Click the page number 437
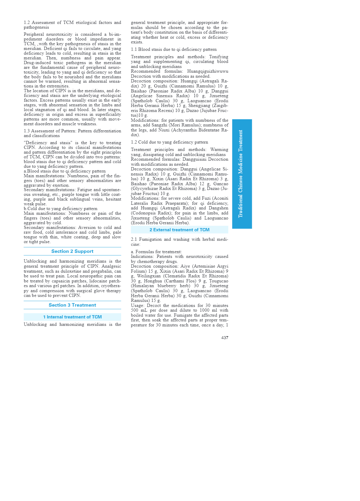click(225, 338)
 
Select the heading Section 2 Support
click(72, 251)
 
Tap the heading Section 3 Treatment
click(72, 305)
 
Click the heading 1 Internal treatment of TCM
click(72, 317)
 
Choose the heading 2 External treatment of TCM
click(179, 230)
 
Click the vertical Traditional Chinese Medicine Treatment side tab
click(242, 174)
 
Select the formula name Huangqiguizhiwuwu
click(207, 71)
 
